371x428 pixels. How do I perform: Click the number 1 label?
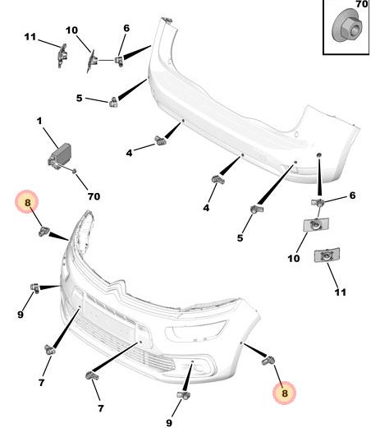pyautogui.click(x=40, y=121)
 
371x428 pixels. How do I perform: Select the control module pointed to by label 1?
pyautogui.click(x=59, y=156)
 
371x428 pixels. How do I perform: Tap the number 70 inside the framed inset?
pyautogui.click(x=361, y=4)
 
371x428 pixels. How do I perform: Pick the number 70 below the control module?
pyautogui.click(x=94, y=196)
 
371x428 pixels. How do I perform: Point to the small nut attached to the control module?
pyautogui.click(x=74, y=171)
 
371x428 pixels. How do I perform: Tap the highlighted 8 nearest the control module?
pyautogui.click(x=27, y=202)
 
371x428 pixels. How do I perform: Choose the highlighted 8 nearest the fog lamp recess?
pyautogui.click(x=285, y=393)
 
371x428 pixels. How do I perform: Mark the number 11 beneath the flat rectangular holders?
pyautogui.click(x=341, y=292)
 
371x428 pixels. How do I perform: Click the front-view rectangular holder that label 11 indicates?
pyautogui.click(x=327, y=255)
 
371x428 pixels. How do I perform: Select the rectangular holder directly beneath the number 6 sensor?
pyautogui.click(x=316, y=225)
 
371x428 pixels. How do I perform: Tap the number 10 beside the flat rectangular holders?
pyautogui.click(x=293, y=258)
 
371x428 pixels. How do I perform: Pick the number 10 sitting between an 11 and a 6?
pyautogui.click(x=71, y=30)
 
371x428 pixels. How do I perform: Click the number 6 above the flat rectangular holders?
pyautogui.click(x=352, y=196)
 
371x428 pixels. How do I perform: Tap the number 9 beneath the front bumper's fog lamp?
pyautogui.click(x=169, y=422)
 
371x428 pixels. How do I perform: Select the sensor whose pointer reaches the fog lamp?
pyautogui.click(x=184, y=395)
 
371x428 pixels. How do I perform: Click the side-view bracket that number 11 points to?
pyautogui.click(x=62, y=56)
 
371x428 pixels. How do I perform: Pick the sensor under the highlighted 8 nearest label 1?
pyautogui.click(x=44, y=231)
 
